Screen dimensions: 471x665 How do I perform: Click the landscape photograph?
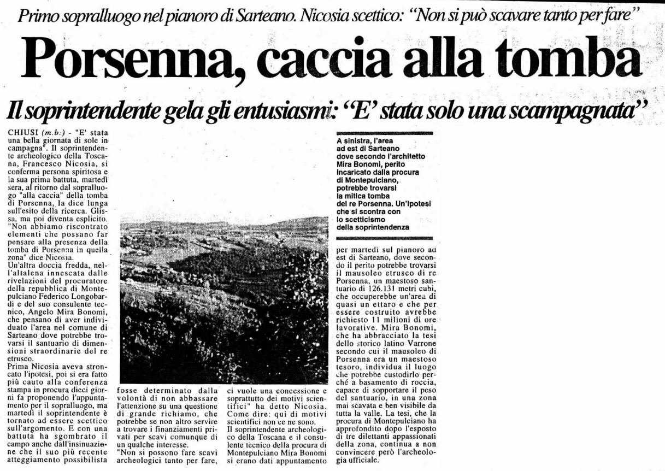[224, 301]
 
